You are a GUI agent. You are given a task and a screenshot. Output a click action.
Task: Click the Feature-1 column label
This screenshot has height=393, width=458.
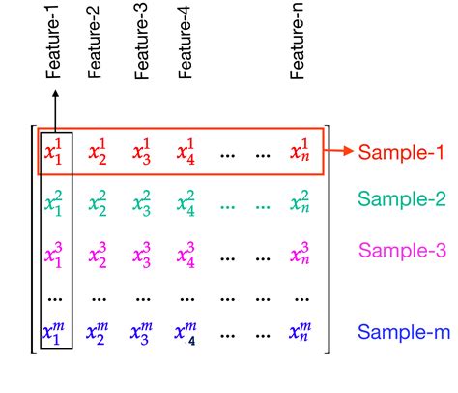[55, 47]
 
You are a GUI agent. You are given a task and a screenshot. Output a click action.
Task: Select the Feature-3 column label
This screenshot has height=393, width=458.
[143, 47]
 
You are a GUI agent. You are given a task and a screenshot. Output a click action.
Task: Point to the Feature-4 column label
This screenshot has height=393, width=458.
[186, 47]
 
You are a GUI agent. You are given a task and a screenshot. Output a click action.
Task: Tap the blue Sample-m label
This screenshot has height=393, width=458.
[404, 332]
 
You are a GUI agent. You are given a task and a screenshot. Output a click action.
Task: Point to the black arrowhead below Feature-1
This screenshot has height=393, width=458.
[55, 95]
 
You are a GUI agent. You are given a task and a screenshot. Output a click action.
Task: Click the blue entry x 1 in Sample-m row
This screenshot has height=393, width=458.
[55, 333]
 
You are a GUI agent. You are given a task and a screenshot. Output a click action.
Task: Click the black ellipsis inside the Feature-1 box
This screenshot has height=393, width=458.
[55, 294]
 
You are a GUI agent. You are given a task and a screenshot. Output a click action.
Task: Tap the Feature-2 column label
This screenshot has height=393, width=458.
[99, 47]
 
